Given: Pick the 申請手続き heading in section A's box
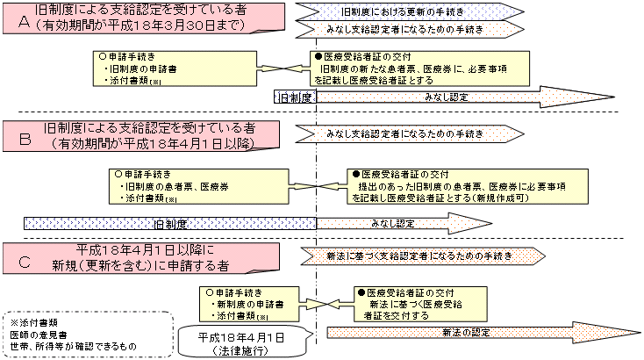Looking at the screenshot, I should click(x=131, y=56).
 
